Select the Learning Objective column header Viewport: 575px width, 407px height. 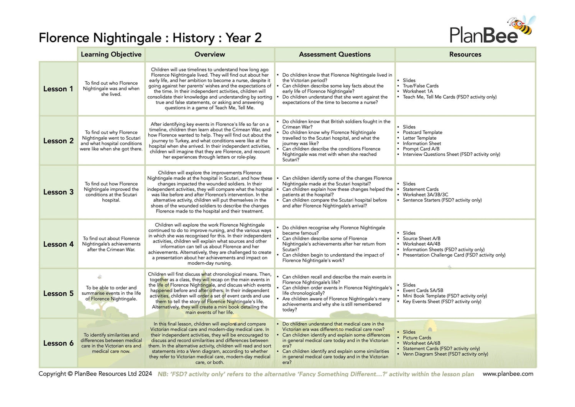111,54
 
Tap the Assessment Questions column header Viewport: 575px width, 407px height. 335,54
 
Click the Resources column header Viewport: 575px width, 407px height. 465,54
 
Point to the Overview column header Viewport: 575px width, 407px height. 210,54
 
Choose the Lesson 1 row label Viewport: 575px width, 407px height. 58,89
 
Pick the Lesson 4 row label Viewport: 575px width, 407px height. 58,244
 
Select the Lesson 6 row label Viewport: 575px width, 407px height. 58,343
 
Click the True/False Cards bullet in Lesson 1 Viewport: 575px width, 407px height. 421,86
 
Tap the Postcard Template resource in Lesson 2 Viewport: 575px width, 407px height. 422,132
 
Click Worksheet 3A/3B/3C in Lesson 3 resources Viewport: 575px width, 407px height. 425,194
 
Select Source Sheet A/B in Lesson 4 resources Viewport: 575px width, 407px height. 421,238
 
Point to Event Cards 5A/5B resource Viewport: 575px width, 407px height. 423,290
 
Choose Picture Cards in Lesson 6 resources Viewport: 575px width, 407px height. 417,338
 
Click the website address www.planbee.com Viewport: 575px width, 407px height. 508,374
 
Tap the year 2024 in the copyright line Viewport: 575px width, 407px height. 145,374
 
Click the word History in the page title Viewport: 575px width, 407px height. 194,38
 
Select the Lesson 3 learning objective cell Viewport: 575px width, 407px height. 111,192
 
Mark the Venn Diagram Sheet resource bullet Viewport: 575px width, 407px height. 445,354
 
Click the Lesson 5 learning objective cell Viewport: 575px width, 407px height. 111,293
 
